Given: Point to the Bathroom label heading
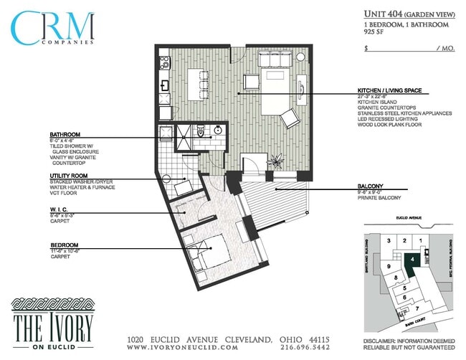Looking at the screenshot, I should (x=65, y=134).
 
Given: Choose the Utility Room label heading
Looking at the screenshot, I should (x=70, y=176).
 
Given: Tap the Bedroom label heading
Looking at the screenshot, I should (x=64, y=245).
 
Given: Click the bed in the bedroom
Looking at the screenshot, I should (x=210, y=252).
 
